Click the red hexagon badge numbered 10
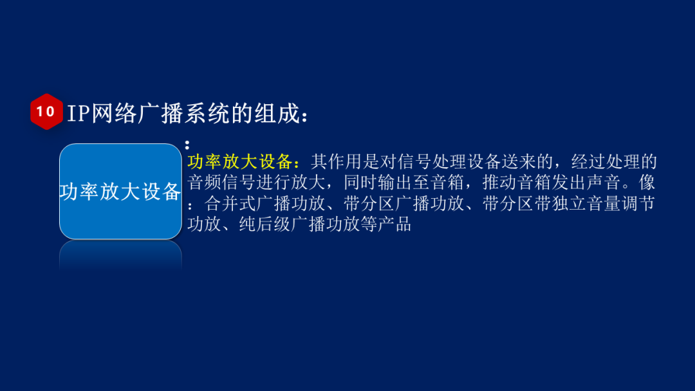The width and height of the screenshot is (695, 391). point(46,112)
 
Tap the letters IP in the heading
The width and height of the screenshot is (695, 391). point(79,113)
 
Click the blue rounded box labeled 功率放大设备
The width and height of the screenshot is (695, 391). point(120,191)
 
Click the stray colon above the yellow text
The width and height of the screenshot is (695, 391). point(187,145)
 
